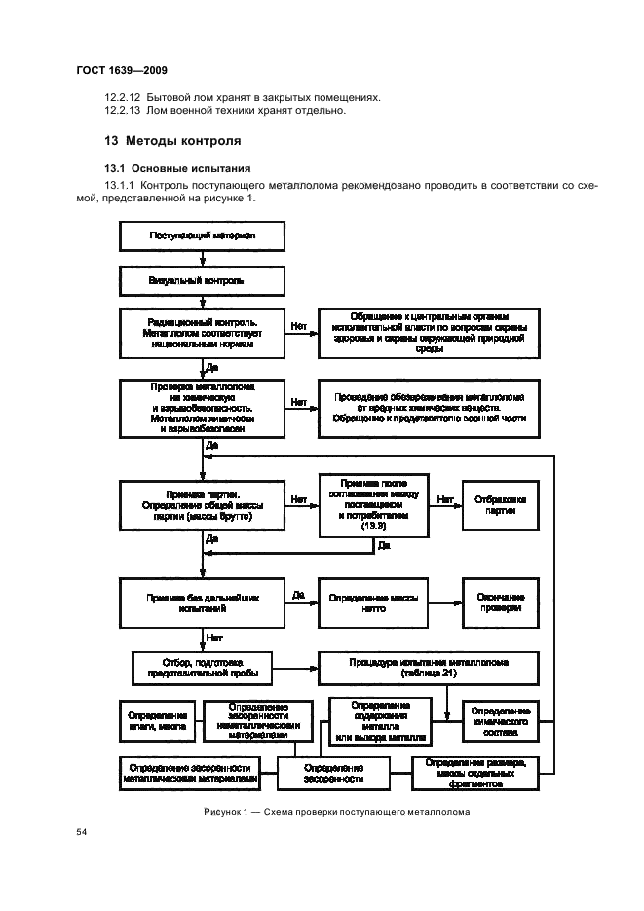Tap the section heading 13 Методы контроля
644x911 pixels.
tap(173, 140)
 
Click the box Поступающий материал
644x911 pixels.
tap(202, 235)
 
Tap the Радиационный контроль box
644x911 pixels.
tap(202, 335)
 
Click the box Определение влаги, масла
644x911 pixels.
tap(157, 724)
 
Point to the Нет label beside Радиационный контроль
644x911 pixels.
tap(299, 325)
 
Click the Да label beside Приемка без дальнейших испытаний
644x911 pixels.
tap(299, 593)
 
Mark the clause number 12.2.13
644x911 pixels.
tap(122, 111)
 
